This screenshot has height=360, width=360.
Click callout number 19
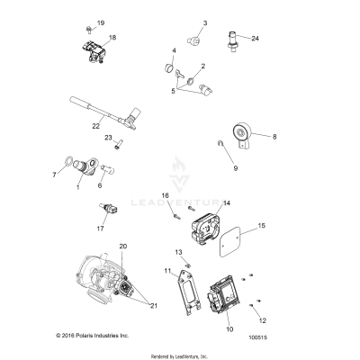[101, 22]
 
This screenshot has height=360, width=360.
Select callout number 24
[255, 39]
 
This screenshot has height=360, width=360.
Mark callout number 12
[262, 319]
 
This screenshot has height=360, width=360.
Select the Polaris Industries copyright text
[54, 335]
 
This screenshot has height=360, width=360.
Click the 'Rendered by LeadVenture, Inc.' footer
[179, 355]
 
